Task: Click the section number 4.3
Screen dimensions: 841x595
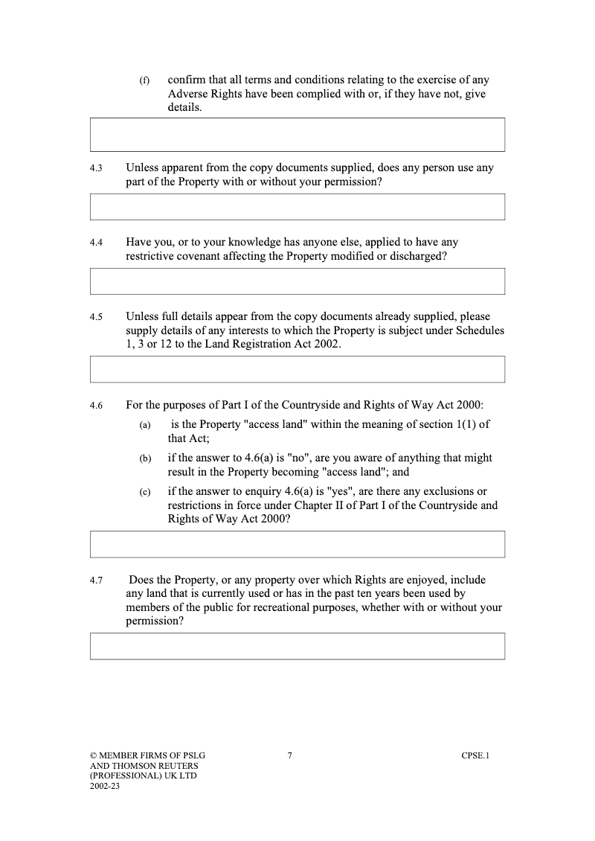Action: coord(95,169)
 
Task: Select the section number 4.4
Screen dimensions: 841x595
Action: coord(95,243)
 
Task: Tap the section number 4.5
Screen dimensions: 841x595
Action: coord(95,318)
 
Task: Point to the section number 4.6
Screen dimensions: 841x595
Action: coord(95,406)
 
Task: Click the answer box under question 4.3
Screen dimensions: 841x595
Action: coord(297,207)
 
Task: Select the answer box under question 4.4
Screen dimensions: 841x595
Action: coord(297,281)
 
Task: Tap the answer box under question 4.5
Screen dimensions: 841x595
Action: coord(297,369)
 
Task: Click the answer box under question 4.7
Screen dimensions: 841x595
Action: coord(297,646)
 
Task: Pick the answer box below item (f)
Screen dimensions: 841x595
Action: coord(297,135)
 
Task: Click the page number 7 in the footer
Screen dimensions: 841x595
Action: coord(289,756)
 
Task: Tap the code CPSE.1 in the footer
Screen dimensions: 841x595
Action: coord(475,756)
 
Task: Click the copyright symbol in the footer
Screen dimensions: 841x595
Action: coord(93,756)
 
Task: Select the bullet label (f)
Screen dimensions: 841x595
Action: coord(145,80)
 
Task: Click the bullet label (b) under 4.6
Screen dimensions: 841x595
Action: coord(145,459)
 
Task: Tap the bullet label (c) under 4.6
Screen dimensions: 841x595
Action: coord(145,493)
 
